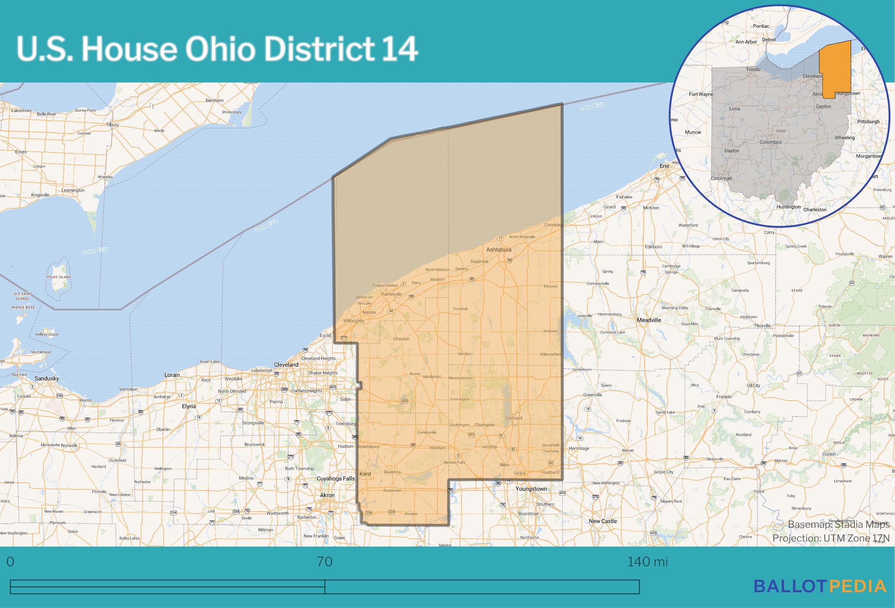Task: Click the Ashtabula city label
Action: pyautogui.click(x=498, y=249)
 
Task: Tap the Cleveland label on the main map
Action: pyautogui.click(x=286, y=364)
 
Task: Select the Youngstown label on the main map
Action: pyautogui.click(x=531, y=489)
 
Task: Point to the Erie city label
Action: pyautogui.click(x=664, y=166)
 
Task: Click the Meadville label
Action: pyautogui.click(x=649, y=320)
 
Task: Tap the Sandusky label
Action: pyautogui.click(x=47, y=378)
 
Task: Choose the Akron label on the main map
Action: pyautogui.click(x=327, y=495)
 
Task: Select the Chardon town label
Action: pyautogui.click(x=401, y=339)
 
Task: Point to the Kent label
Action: pyautogui.click(x=365, y=474)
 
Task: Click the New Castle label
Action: pyautogui.click(x=603, y=521)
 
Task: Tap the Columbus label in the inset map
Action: pyautogui.click(x=770, y=142)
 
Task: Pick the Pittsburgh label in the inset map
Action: pyautogui.click(x=868, y=122)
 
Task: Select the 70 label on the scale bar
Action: pyautogui.click(x=325, y=562)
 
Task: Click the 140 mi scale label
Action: pyautogui.click(x=647, y=562)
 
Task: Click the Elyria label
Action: pyautogui.click(x=189, y=406)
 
